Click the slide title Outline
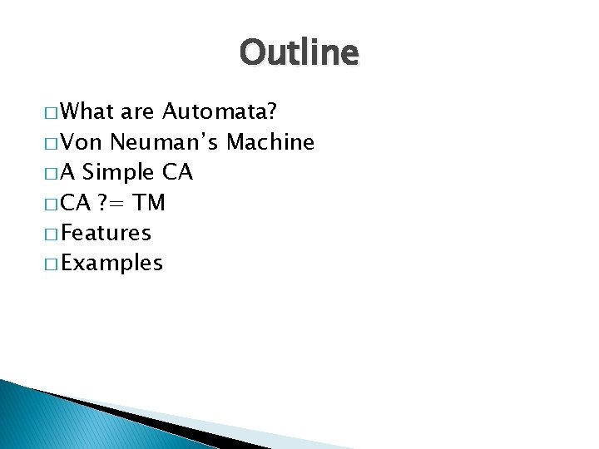tap(299, 53)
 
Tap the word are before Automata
tap(138, 111)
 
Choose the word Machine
tap(270, 142)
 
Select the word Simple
tap(119, 173)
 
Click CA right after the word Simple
tap(177, 173)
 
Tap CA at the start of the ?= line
tap(76, 203)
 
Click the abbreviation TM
tap(150, 203)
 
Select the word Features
tap(106, 234)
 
